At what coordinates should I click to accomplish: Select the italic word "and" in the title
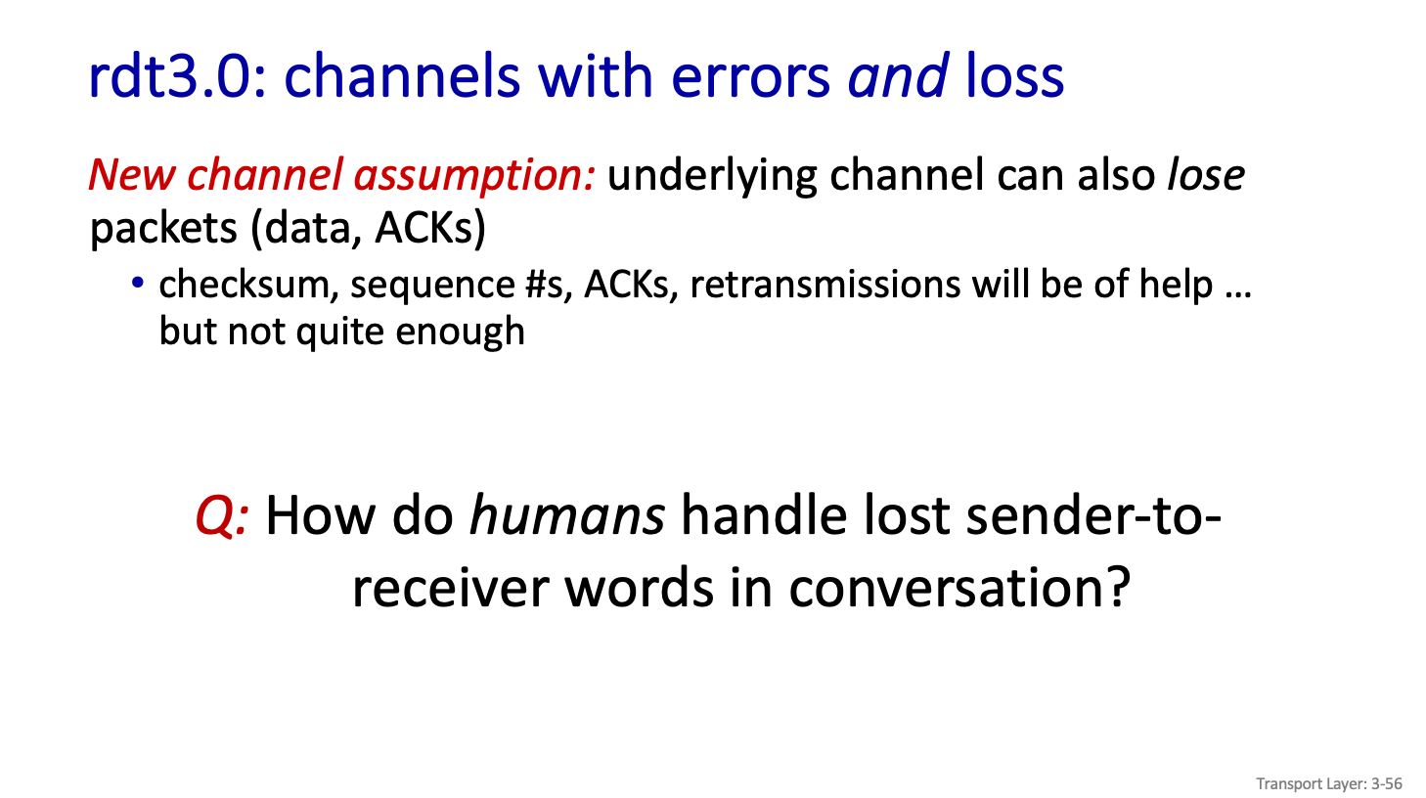click(898, 76)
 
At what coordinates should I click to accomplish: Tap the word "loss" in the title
click(1015, 76)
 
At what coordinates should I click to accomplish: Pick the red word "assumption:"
click(474, 176)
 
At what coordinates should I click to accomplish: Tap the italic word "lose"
click(1206, 174)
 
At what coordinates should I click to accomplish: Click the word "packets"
click(163, 229)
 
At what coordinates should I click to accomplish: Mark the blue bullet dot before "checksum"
click(138, 283)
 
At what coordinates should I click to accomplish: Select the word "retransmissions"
click(825, 284)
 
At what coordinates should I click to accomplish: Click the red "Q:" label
click(222, 516)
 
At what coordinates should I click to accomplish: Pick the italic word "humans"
click(567, 515)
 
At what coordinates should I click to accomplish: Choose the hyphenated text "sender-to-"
click(1093, 515)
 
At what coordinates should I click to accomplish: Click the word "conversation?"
click(959, 588)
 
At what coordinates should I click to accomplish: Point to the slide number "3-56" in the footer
click(1387, 783)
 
